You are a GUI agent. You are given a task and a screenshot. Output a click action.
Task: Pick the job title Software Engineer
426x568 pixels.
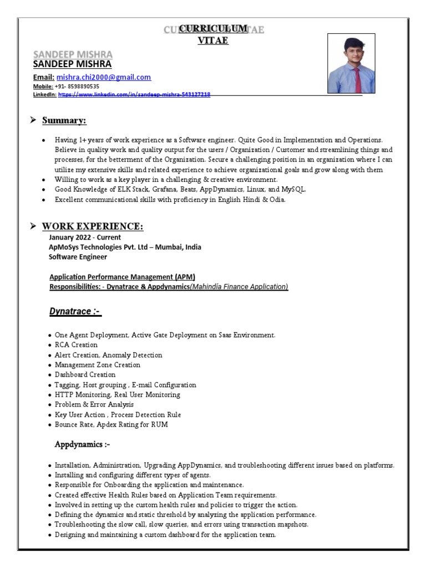[78, 257]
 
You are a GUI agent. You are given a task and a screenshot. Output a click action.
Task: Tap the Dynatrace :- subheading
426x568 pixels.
[75, 312]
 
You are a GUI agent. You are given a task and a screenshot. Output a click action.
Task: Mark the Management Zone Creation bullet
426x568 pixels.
[97, 365]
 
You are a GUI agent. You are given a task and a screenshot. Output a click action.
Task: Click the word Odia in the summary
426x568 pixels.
[275, 200]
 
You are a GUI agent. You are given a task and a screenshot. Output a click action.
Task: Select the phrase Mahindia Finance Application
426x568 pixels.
[239, 287]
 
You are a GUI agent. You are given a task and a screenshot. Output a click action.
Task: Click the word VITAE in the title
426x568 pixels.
[212, 40]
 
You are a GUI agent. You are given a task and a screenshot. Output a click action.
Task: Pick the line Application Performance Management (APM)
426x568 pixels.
[122, 277]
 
